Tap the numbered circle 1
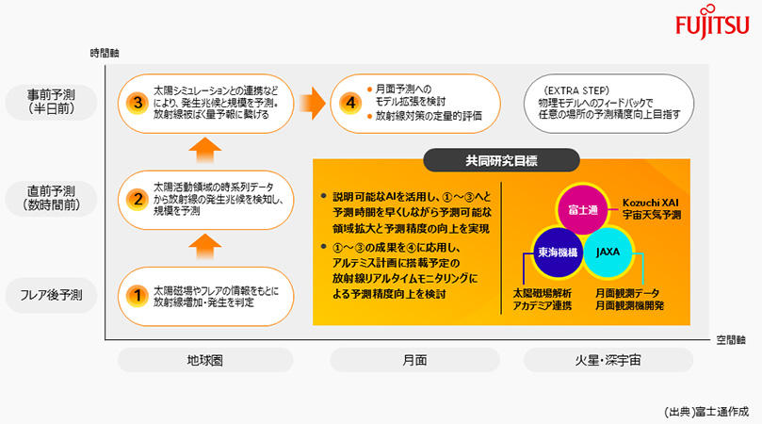tap(138, 295)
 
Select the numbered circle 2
tap(138, 199)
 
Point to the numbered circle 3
tap(138, 103)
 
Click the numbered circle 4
tap(350, 103)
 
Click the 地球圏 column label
tap(202, 360)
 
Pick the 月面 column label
tap(414, 360)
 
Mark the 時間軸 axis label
tap(105, 51)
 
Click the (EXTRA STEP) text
tap(576, 90)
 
